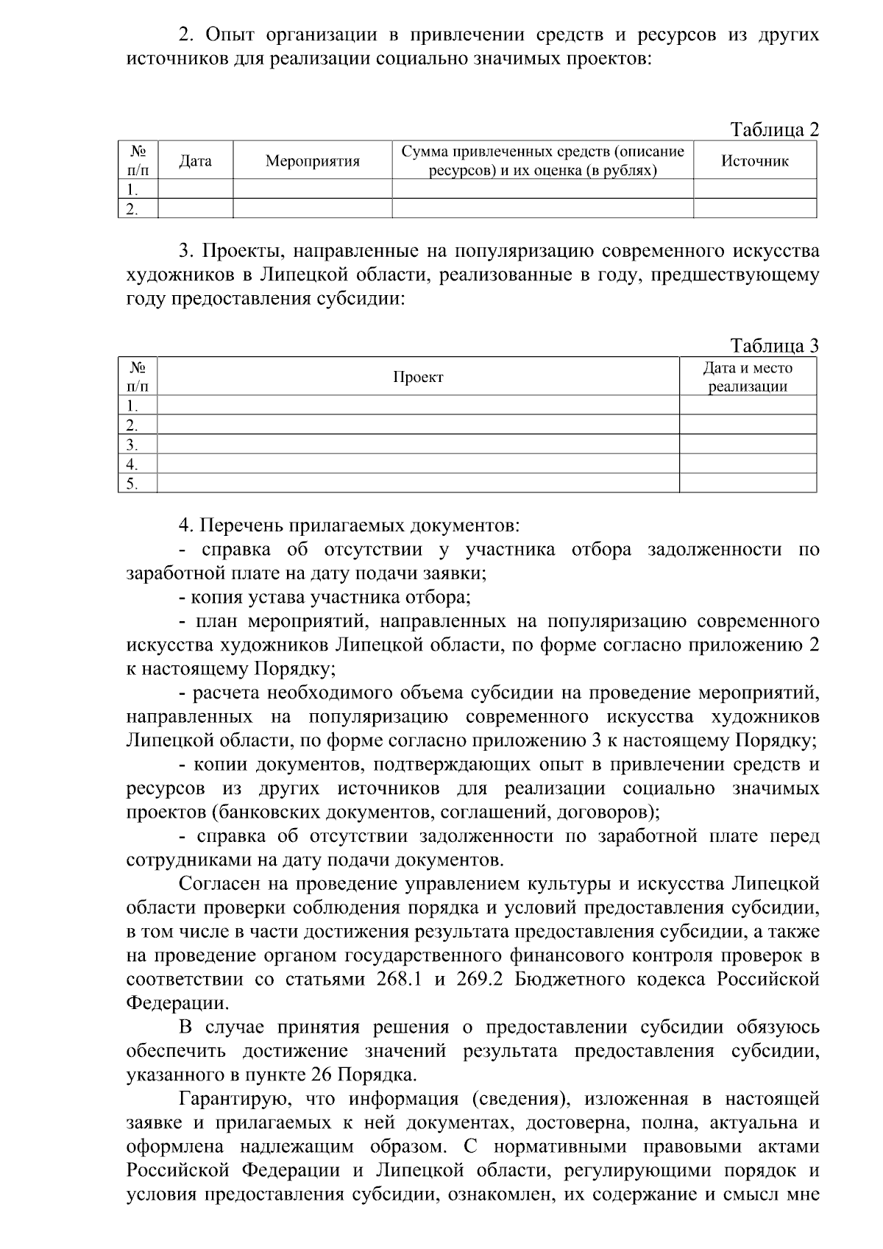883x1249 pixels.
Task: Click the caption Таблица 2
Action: click(774, 130)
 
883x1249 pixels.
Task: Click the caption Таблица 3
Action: click(774, 346)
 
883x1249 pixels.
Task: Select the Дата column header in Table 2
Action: click(195, 161)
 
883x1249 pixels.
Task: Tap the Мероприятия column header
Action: click(312, 161)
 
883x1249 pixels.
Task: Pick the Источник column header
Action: click(754, 161)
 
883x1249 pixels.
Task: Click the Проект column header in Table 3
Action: click(418, 378)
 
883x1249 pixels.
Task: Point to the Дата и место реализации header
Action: click(747, 378)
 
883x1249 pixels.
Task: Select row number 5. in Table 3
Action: click(132, 484)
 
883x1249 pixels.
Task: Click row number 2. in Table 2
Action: click(132, 208)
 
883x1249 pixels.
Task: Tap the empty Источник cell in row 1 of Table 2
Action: click(754, 189)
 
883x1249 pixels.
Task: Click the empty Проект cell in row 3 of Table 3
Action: click(418, 445)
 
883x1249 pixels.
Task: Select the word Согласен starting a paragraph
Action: click(221, 884)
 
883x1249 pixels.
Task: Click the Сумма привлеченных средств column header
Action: click(542, 161)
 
